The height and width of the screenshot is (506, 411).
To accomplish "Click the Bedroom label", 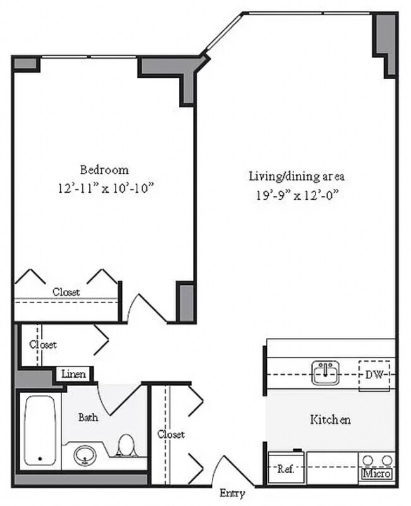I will [104, 170].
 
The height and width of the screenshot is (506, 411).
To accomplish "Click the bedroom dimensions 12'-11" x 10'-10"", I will [105, 188].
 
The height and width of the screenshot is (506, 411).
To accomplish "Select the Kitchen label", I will [329, 419].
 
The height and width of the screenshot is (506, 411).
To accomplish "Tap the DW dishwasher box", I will [376, 375].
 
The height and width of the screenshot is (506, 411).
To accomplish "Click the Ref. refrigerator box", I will [284, 469].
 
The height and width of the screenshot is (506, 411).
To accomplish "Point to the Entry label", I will [232, 493].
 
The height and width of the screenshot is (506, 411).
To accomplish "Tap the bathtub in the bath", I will [41, 431].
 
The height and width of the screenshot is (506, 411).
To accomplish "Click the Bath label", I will [89, 418].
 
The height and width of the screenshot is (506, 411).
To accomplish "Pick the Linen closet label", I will [75, 374].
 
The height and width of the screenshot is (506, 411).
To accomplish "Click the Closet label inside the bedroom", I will [66, 292].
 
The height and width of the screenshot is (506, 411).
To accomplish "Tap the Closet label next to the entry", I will [171, 435].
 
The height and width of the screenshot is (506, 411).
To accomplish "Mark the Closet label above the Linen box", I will [42, 345].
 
